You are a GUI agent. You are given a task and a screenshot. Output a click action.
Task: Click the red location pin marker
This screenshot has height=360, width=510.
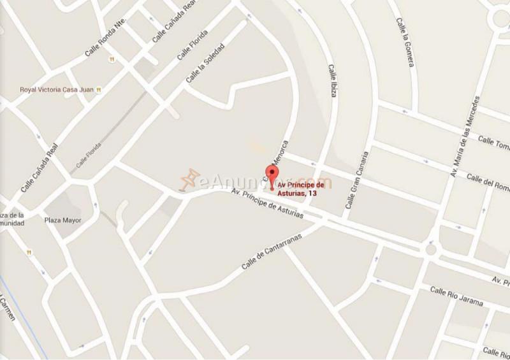pyautogui.click(x=273, y=176)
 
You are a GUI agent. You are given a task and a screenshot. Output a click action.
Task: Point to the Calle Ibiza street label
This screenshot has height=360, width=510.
pyautogui.click(x=331, y=80)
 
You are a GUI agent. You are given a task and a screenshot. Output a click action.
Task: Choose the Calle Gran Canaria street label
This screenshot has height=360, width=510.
pyautogui.click(x=357, y=180)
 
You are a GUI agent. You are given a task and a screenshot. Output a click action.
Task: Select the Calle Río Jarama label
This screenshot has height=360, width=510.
pyautogui.click(x=456, y=296)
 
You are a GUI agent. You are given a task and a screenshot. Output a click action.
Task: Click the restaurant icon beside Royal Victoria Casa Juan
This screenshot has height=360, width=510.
pyautogui.click(x=98, y=90)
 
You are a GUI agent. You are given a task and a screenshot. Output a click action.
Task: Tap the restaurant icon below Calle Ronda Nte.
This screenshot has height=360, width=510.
pyautogui.click(x=112, y=59)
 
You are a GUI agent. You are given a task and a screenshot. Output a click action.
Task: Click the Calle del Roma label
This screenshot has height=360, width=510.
pyautogui.click(x=488, y=181)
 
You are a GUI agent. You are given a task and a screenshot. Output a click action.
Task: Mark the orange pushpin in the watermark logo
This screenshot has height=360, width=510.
pyautogui.click(x=189, y=179)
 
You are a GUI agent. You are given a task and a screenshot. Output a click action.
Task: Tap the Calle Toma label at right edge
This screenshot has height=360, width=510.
pyautogui.click(x=494, y=144)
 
